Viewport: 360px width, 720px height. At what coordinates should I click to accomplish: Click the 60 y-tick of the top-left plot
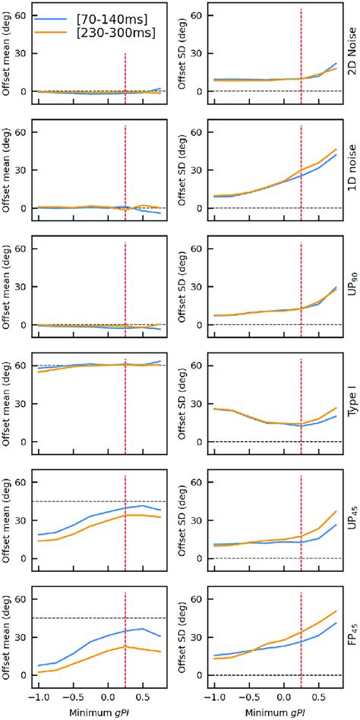[22, 15]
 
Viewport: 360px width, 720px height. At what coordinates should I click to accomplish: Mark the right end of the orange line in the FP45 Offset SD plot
[336, 611]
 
